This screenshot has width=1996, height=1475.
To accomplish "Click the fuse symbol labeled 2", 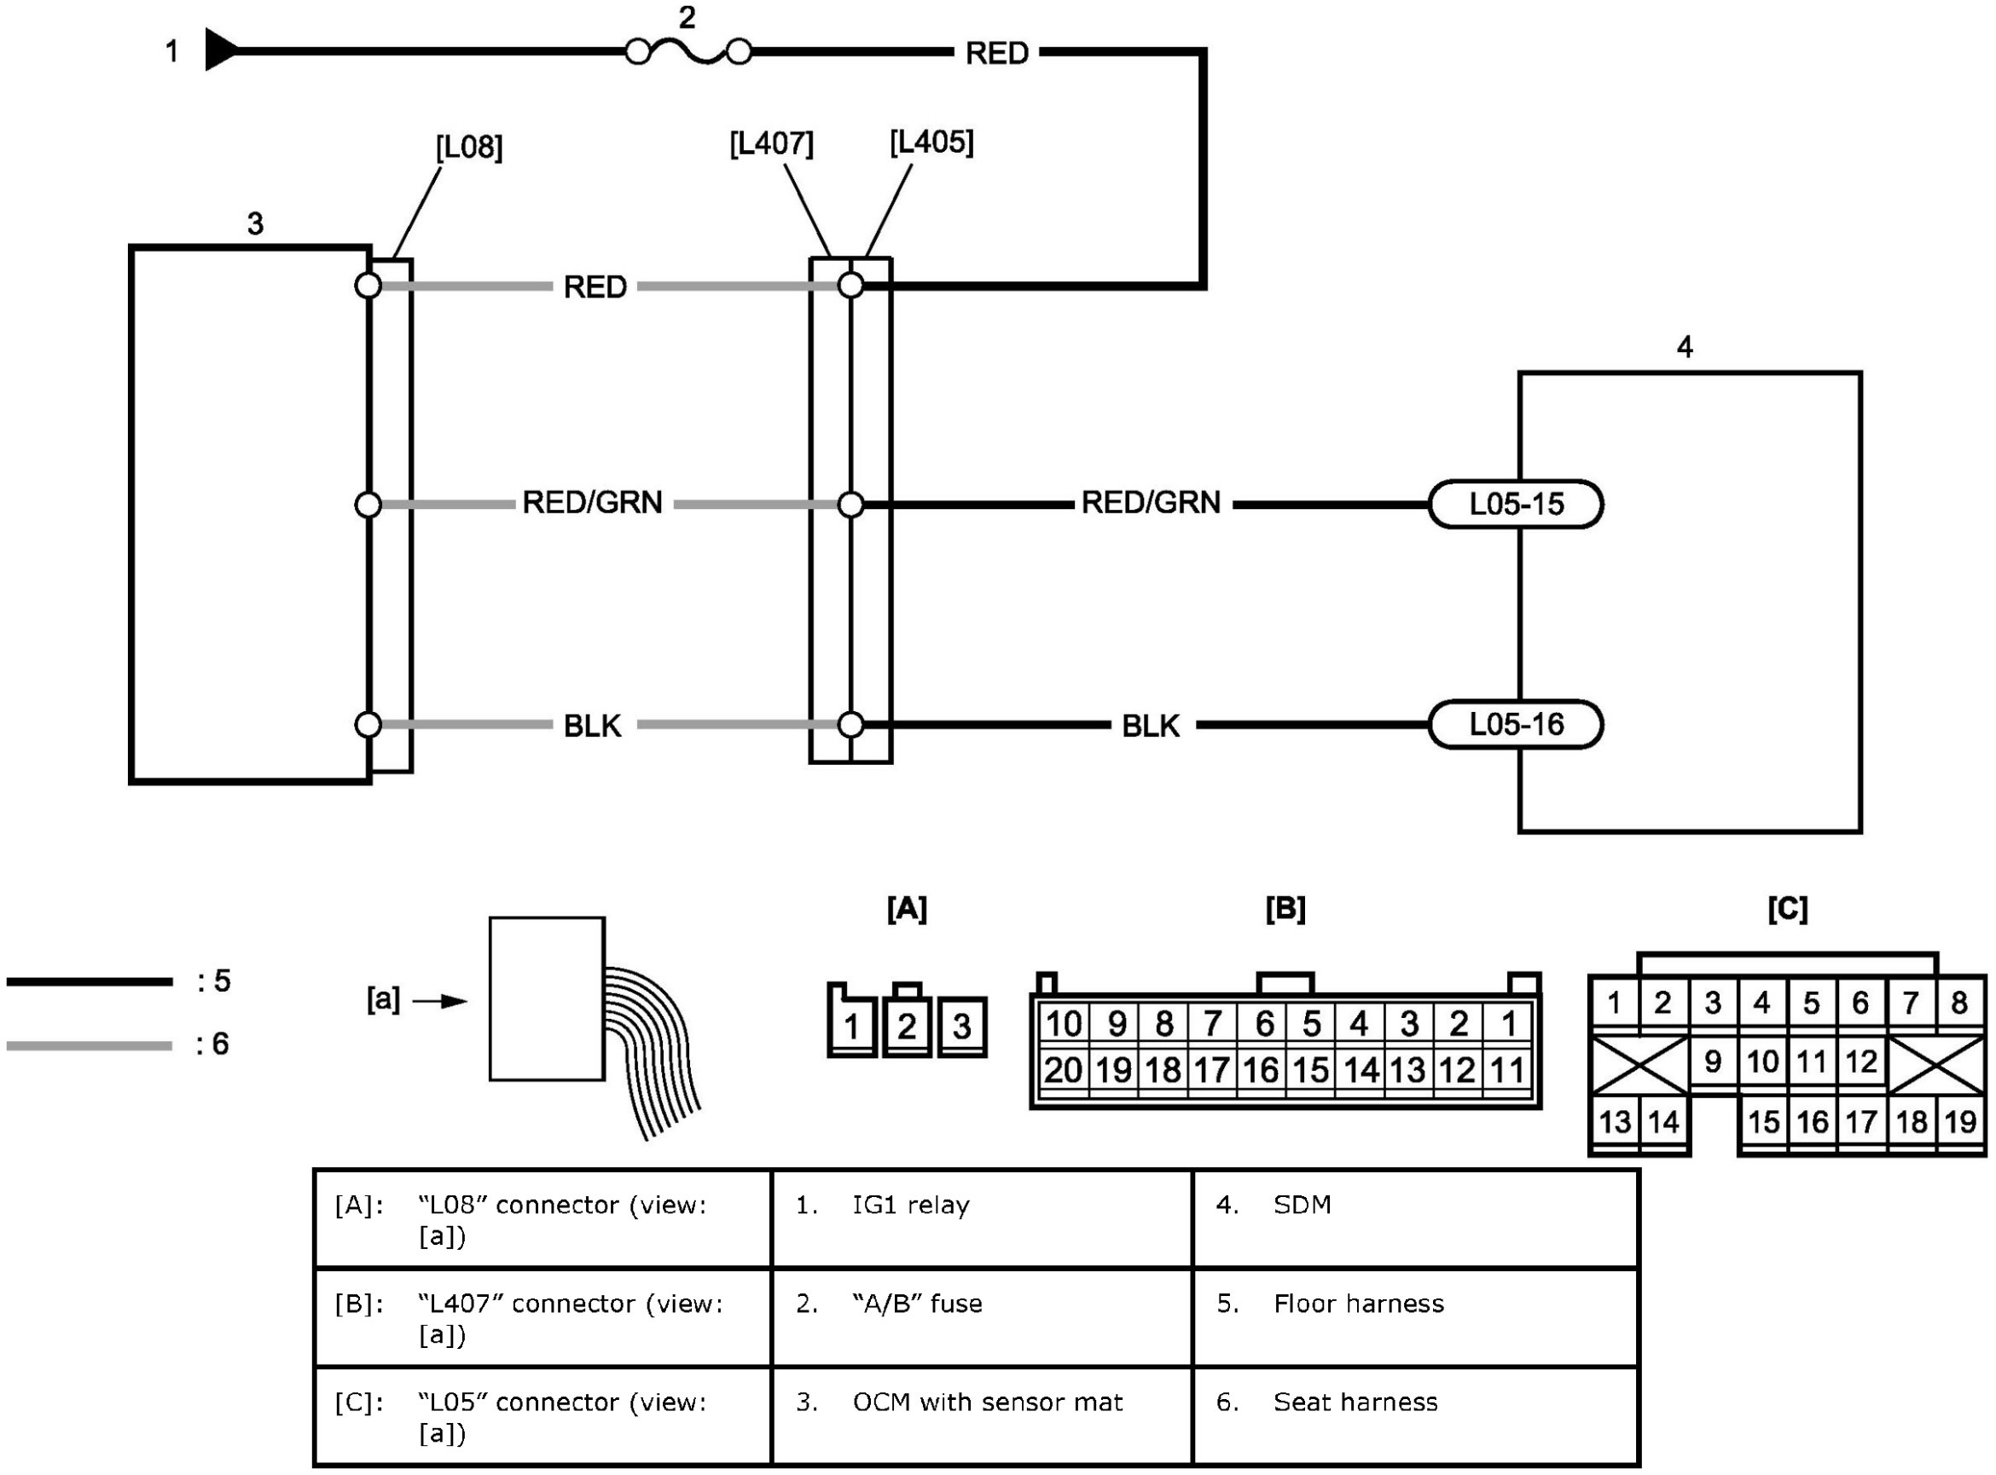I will [x=687, y=53].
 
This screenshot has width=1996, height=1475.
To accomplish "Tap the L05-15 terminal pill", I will [x=1516, y=505].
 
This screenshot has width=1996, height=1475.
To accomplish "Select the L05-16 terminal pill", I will [x=1516, y=724].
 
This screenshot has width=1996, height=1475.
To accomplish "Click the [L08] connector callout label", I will [x=469, y=147].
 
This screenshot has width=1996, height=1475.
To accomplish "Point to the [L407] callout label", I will [x=771, y=144].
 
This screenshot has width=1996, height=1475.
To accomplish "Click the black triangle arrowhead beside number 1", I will [x=220, y=50].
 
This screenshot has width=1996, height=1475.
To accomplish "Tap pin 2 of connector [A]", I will [x=907, y=1026].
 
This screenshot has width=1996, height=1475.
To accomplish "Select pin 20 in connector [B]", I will [x=1062, y=1070].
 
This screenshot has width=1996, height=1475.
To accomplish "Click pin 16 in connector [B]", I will [x=1260, y=1070].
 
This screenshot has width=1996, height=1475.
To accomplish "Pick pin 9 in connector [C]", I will [x=1712, y=1061].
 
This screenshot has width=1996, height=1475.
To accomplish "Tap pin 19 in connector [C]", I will [x=1960, y=1121].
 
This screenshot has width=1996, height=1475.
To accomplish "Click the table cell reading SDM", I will [x=1301, y=1206].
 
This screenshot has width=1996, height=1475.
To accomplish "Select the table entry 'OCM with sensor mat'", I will [x=987, y=1403].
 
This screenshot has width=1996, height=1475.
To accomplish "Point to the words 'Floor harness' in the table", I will [x=1357, y=1304].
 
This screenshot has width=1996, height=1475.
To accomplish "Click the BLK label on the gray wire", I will [x=592, y=726].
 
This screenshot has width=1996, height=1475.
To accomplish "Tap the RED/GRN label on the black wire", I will [x=1151, y=503].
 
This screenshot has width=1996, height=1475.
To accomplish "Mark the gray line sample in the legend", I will [x=90, y=1045].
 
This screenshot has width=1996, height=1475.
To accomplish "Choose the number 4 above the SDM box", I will [x=1685, y=347].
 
